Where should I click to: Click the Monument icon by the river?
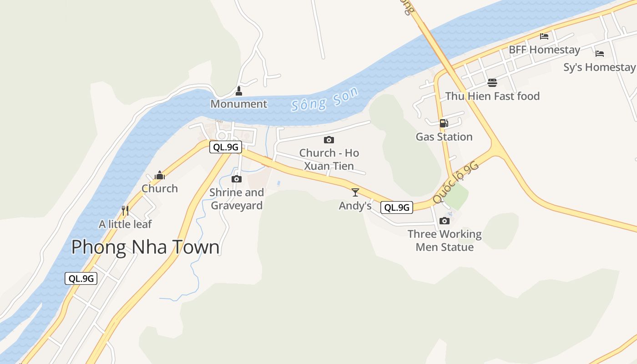tap(238, 91)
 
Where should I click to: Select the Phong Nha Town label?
tap(145, 247)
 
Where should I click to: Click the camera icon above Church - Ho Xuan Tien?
tap(329, 140)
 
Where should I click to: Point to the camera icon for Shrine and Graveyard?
tap(236, 179)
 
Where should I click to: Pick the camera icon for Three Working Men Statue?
tap(445, 221)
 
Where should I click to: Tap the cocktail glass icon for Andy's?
tap(355, 192)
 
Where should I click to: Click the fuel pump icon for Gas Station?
tap(444, 123)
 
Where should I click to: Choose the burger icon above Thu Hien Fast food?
tap(492, 82)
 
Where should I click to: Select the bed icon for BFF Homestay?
tap(544, 36)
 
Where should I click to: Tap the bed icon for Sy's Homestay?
tap(600, 53)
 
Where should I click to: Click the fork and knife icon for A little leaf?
tap(125, 210)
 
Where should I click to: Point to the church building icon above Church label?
tap(159, 175)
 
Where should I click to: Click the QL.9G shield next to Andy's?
tap(397, 207)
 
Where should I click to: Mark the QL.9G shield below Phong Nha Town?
tap(81, 278)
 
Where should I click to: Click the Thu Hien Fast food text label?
tap(492, 96)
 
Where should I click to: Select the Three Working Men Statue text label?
tap(445, 241)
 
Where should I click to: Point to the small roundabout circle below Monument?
tap(222, 136)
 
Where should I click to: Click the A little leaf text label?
tap(125, 224)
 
